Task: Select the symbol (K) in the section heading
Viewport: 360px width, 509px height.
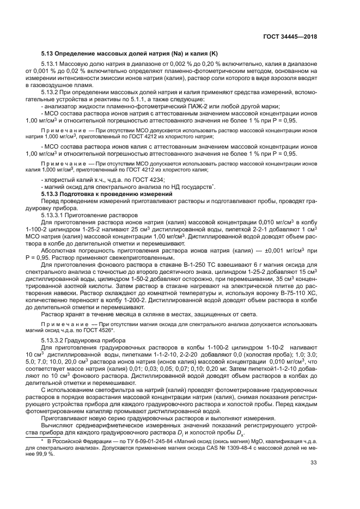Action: point(213,53)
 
